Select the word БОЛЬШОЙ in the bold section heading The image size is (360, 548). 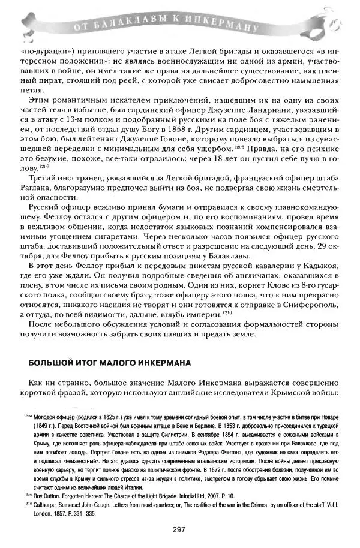coord(53,363)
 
